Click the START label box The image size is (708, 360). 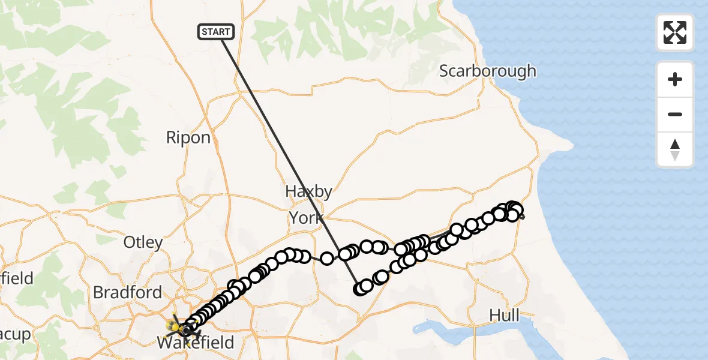pos(216,32)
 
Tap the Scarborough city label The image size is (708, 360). pos(487,71)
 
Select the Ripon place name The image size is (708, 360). pos(188,137)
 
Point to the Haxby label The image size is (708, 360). pos(308,191)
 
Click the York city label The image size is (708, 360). pos(306,218)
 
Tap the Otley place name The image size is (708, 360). pos(143,242)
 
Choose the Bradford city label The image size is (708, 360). pos(128,292)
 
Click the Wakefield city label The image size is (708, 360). pos(195,343)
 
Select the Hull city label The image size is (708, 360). pos(504,315)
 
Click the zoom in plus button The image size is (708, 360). pos(675,79)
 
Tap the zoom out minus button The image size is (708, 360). pos(675,114)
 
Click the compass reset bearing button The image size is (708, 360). pos(675,149)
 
